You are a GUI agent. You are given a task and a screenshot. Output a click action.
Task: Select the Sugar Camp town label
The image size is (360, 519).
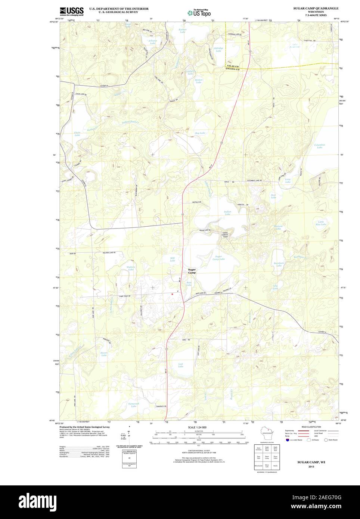coord(192,271)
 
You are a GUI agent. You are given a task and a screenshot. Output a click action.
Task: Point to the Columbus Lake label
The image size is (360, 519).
coord(319,146)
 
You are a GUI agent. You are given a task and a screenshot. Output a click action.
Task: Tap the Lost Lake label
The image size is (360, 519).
coord(180,365)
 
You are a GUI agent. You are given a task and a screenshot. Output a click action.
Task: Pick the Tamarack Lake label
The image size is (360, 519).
coord(131,405)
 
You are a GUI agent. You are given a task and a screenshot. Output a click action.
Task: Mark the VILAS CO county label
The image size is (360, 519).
coord(232,66)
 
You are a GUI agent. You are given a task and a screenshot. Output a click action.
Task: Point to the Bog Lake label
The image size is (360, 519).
coord(200,133)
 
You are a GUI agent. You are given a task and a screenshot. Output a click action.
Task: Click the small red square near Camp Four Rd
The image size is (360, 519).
coord(172,294)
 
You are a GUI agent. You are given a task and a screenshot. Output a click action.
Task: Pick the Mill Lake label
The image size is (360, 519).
coord(173,259)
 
